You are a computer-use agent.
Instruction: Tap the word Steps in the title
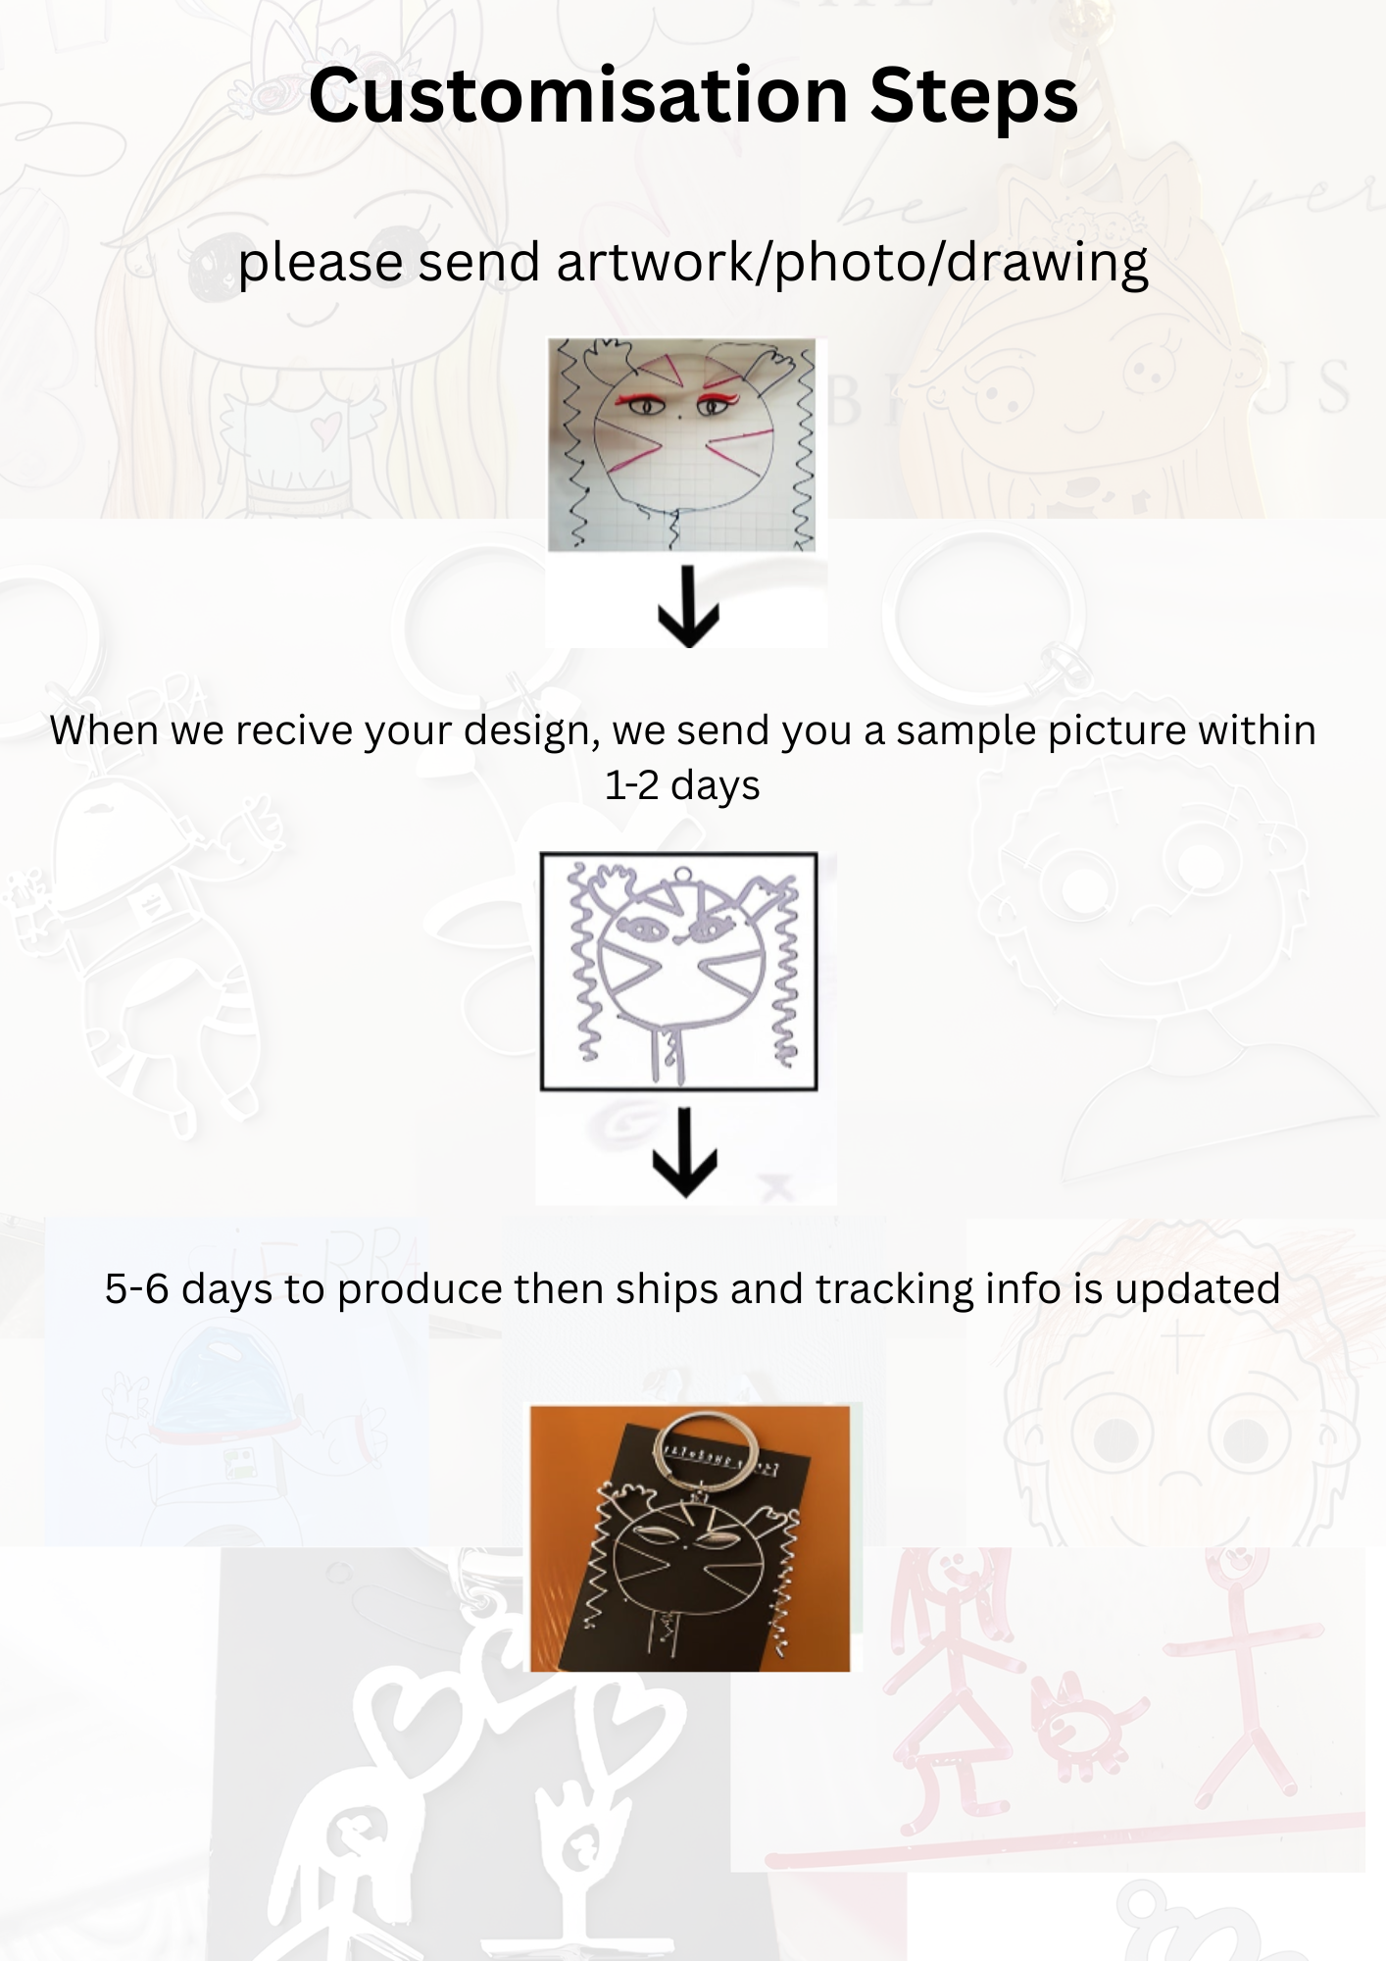(x=973, y=98)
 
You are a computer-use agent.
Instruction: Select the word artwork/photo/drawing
(x=852, y=263)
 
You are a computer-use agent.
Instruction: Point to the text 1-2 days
(x=682, y=786)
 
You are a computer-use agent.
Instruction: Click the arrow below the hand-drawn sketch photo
(x=688, y=606)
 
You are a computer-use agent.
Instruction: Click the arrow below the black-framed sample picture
(x=685, y=1152)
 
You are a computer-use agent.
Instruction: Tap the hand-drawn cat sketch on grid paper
(x=681, y=444)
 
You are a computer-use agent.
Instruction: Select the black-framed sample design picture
(x=679, y=972)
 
